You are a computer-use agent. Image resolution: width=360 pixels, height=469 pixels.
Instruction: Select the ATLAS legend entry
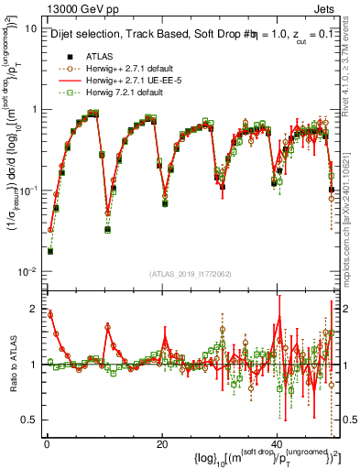[99, 56]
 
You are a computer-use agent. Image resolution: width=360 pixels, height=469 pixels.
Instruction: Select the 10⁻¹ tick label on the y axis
[27, 191]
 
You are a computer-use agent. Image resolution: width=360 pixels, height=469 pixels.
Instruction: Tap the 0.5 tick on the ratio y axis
[27, 420]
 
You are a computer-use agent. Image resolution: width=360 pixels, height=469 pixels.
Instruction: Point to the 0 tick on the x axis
[47, 443]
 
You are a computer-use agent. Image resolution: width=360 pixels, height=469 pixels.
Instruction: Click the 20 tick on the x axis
[162, 443]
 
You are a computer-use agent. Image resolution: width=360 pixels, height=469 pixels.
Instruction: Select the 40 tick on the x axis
[277, 443]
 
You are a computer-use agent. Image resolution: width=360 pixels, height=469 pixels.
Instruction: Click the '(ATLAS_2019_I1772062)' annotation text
[191, 274]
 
